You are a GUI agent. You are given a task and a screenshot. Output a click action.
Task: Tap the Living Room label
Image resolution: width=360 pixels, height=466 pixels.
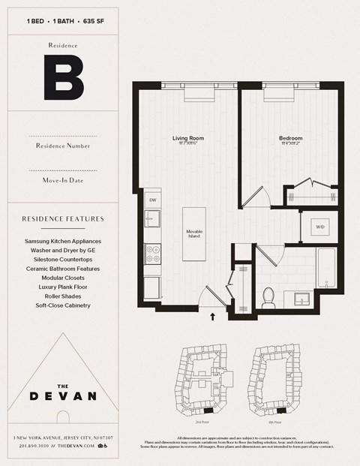188,139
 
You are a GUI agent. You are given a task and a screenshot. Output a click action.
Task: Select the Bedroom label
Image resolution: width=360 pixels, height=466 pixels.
290,139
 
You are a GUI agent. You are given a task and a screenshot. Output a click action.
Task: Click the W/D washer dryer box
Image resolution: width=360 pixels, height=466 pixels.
319,226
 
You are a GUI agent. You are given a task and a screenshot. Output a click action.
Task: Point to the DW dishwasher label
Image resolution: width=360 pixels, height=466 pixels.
152,200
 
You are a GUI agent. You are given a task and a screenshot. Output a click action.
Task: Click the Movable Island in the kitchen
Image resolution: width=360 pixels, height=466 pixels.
195,233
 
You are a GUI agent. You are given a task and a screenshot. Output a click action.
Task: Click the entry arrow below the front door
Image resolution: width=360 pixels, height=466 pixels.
214,317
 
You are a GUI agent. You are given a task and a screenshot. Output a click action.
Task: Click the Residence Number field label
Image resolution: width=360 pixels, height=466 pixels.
63,145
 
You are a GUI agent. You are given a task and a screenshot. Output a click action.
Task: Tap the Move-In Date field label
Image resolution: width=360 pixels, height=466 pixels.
63,181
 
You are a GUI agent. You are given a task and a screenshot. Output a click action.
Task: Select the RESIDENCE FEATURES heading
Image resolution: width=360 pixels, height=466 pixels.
63,219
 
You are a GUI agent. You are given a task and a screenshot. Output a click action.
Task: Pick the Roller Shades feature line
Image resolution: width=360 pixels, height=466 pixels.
63,296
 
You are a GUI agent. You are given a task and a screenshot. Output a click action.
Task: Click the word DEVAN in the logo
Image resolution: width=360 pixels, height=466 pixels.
62,395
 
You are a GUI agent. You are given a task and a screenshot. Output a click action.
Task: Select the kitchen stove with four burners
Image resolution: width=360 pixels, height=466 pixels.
152,256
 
